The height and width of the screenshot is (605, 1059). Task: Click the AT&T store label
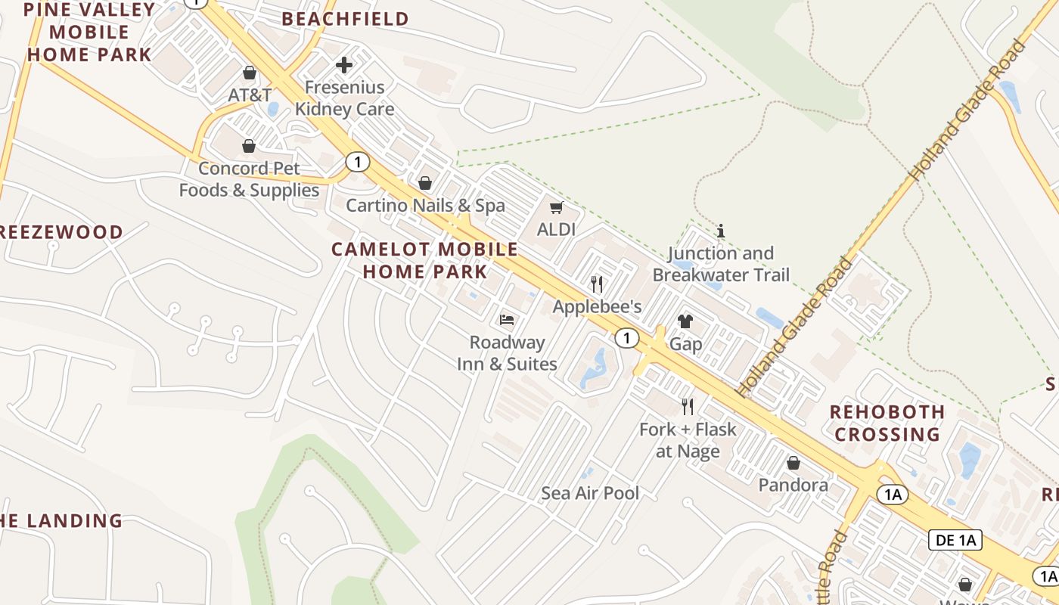[x=250, y=95]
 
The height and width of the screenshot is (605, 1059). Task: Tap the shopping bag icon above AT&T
[x=250, y=73]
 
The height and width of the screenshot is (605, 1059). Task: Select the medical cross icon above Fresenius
[x=344, y=65]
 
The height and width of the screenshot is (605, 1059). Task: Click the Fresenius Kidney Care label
[x=344, y=98]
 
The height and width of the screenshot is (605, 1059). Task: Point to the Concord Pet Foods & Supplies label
[x=249, y=179]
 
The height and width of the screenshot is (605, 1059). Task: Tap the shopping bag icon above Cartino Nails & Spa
[x=425, y=183]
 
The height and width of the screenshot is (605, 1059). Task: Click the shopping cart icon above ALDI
[x=557, y=207]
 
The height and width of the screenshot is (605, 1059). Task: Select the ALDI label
[x=557, y=229]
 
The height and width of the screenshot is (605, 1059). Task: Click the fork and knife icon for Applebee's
[x=597, y=284]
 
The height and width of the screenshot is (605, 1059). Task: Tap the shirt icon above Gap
[x=685, y=321]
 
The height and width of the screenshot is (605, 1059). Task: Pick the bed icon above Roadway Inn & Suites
[x=507, y=320]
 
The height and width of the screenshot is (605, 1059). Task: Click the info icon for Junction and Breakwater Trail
[x=721, y=231]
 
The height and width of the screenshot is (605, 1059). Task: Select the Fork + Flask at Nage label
[x=688, y=440]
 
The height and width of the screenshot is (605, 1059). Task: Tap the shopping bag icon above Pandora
[x=793, y=463]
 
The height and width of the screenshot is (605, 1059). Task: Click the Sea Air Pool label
[x=590, y=493]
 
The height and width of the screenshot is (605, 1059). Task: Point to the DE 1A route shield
[x=955, y=540]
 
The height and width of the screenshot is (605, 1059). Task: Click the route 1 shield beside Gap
[x=626, y=338]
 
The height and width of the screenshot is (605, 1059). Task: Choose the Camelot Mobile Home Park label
[x=425, y=260]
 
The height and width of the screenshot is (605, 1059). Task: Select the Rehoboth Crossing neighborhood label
[x=887, y=423]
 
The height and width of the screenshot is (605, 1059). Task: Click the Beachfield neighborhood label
[x=345, y=19]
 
